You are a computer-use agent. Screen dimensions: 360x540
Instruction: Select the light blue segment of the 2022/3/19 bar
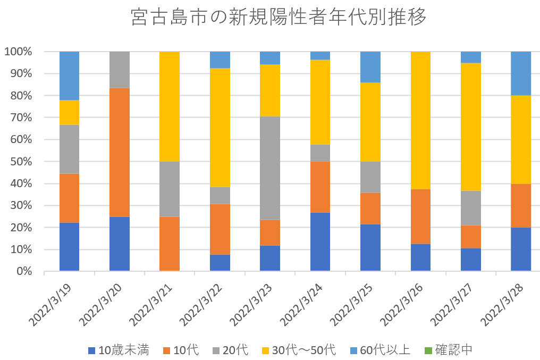coord(69,76)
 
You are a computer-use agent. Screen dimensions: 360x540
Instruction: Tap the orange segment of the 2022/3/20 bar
coord(119,152)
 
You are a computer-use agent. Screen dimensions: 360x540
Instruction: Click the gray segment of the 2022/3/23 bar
coord(269,168)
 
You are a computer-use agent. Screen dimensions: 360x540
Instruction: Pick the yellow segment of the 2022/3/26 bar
coord(420,120)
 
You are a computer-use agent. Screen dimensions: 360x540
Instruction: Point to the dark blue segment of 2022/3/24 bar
coord(320,241)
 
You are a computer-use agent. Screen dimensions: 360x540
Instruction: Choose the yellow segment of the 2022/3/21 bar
coord(170,106)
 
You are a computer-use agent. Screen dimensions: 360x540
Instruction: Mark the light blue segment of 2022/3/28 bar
coord(521,73)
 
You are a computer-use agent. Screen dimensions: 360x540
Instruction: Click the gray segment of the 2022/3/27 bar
coord(471,207)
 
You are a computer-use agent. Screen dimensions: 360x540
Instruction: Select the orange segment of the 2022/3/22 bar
coord(220,229)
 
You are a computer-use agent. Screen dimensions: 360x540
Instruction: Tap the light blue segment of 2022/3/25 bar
coord(370,67)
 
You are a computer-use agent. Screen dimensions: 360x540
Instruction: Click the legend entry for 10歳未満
coord(119,350)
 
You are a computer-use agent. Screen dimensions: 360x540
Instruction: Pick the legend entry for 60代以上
coord(379,350)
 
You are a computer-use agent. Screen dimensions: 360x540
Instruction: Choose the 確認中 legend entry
coord(448,350)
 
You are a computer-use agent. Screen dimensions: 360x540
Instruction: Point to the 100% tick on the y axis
coord(19,52)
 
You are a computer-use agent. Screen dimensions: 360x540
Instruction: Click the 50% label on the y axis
coord(22,162)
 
